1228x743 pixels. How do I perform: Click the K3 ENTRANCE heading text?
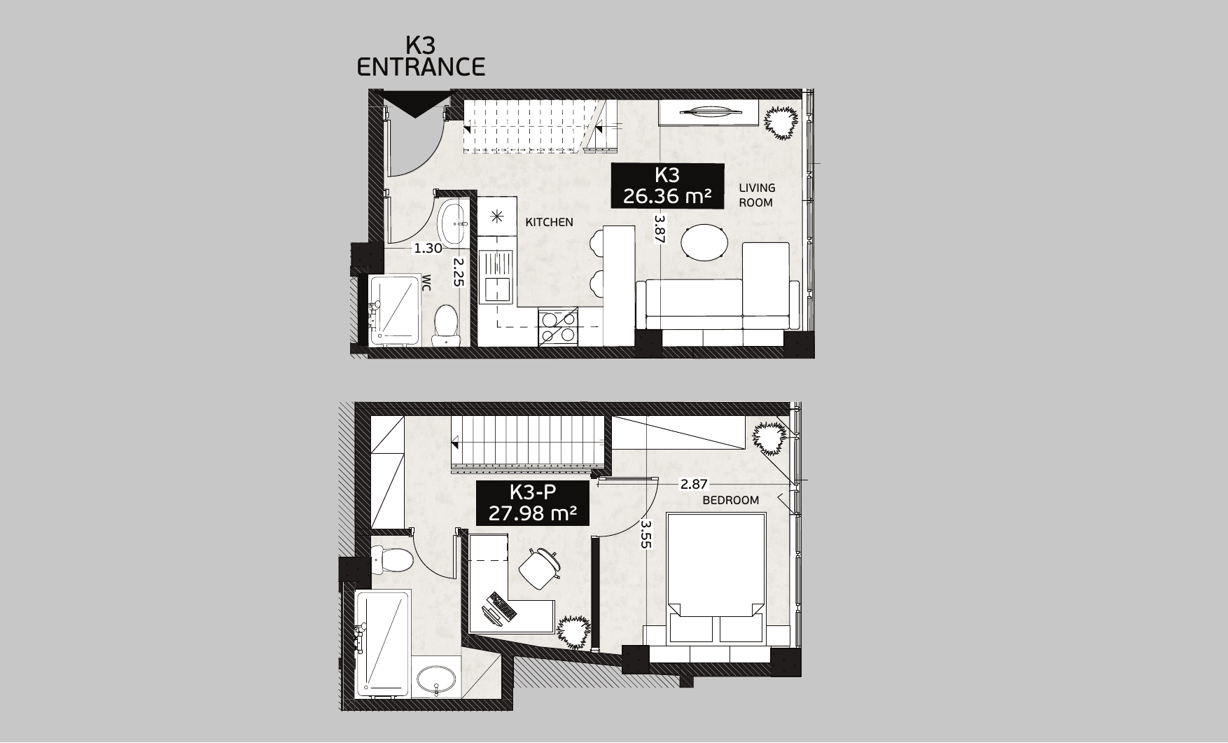(x=421, y=56)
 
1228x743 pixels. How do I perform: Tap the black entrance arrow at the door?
(x=414, y=104)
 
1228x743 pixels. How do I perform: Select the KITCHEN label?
(x=550, y=222)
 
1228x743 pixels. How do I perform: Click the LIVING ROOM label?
(x=757, y=195)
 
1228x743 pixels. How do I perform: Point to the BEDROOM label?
(x=731, y=500)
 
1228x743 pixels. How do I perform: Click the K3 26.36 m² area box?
(x=667, y=186)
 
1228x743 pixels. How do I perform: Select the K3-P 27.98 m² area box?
(x=532, y=503)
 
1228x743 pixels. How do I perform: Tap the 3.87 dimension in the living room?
(x=658, y=229)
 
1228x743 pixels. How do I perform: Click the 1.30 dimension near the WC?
(x=428, y=248)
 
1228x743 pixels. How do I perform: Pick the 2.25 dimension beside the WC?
(x=459, y=272)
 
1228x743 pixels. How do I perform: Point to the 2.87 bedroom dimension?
(x=694, y=483)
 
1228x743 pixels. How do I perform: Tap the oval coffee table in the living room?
(x=704, y=243)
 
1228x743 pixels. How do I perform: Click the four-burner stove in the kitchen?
(x=558, y=327)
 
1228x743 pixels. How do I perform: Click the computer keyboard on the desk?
(x=503, y=605)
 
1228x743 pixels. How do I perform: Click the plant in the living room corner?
(x=781, y=123)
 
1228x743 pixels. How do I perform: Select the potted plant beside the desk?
(x=574, y=632)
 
